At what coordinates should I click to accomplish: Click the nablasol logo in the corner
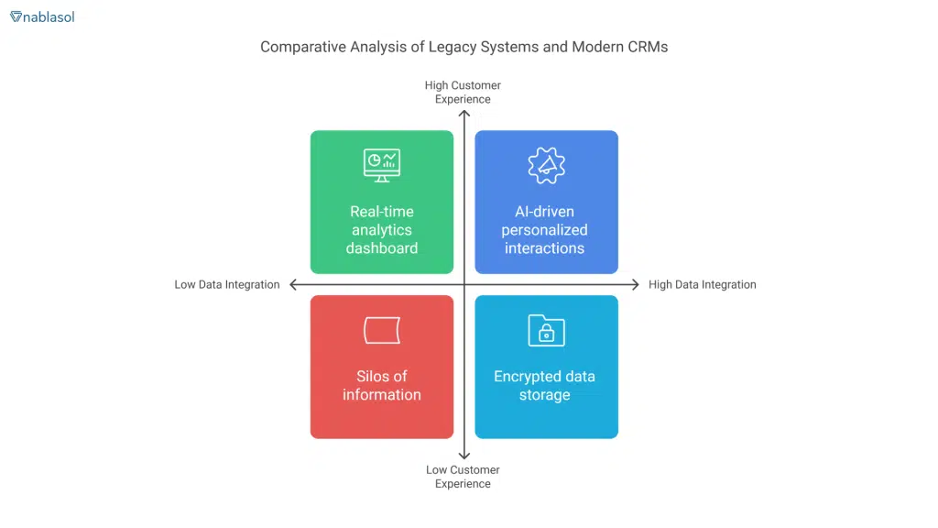(42, 16)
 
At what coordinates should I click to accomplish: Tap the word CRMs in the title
(647, 47)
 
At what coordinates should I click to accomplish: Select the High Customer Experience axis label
(463, 92)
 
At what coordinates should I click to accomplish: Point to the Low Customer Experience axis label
(463, 477)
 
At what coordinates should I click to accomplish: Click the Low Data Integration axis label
(227, 285)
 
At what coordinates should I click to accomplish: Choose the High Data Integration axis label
(702, 285)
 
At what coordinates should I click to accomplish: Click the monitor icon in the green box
(381, 165)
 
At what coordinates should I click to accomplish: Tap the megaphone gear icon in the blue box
(546, 165)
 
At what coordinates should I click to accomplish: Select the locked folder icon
(546, 331)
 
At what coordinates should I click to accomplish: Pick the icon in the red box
(381, 330)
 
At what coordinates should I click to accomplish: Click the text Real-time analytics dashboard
(381, 229)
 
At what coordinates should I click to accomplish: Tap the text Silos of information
(381, 386)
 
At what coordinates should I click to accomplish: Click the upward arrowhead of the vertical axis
(464, 115)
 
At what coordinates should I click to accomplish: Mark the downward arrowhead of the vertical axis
(464, 456)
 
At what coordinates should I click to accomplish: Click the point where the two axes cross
(464, 285)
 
